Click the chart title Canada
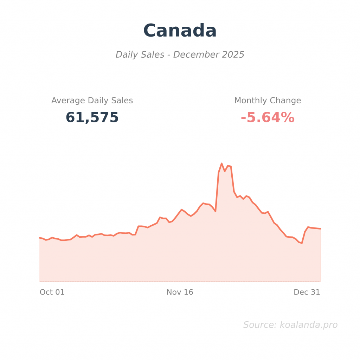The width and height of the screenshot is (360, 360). (180, 31)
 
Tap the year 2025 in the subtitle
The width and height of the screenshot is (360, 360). (233, 55)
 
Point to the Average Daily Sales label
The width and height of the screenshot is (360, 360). (92, 101)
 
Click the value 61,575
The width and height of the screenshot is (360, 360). (92, 117)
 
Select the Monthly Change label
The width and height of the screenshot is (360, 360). (268, 101)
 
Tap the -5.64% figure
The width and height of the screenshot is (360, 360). (268, 117)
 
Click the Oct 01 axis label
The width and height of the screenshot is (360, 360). (52, 292)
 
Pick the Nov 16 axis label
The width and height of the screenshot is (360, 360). (180, 292)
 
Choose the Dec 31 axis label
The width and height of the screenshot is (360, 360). (307, 292)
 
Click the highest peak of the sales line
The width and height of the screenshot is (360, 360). (221, 163)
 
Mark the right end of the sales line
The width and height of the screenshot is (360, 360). (320, 229)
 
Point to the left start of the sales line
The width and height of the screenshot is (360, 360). (40, 238)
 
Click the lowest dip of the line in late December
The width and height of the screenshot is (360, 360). (302, 243)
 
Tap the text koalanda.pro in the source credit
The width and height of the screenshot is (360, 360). (308, 325)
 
